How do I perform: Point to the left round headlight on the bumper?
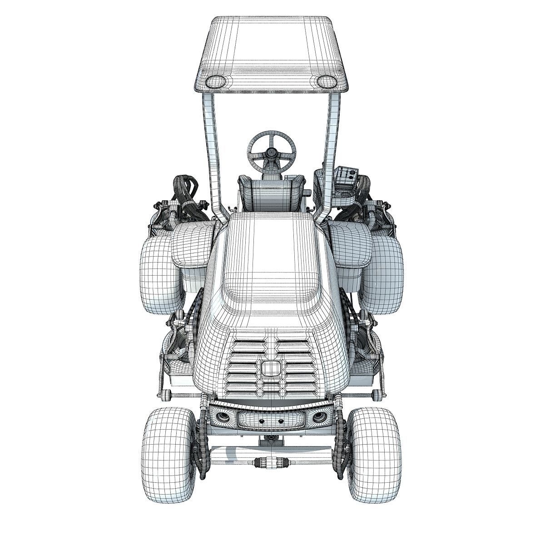(224, 417)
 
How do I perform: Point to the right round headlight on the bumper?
(319, 417)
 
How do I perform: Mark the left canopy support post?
(212, 150)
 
